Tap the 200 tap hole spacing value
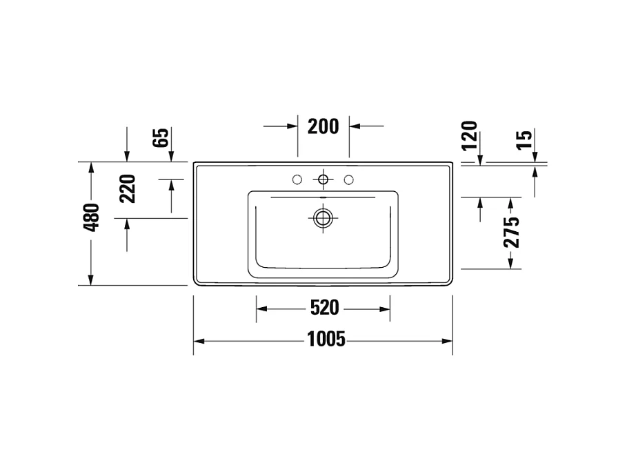(x=323, y=126)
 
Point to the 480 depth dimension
(x=92, y=217)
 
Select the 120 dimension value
(x=469, y=135)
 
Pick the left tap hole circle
(x=297, y=180)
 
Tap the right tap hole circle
(x=348, y=180)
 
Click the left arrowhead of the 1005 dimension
(x=198, y=341)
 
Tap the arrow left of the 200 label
(x=292, y=126)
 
